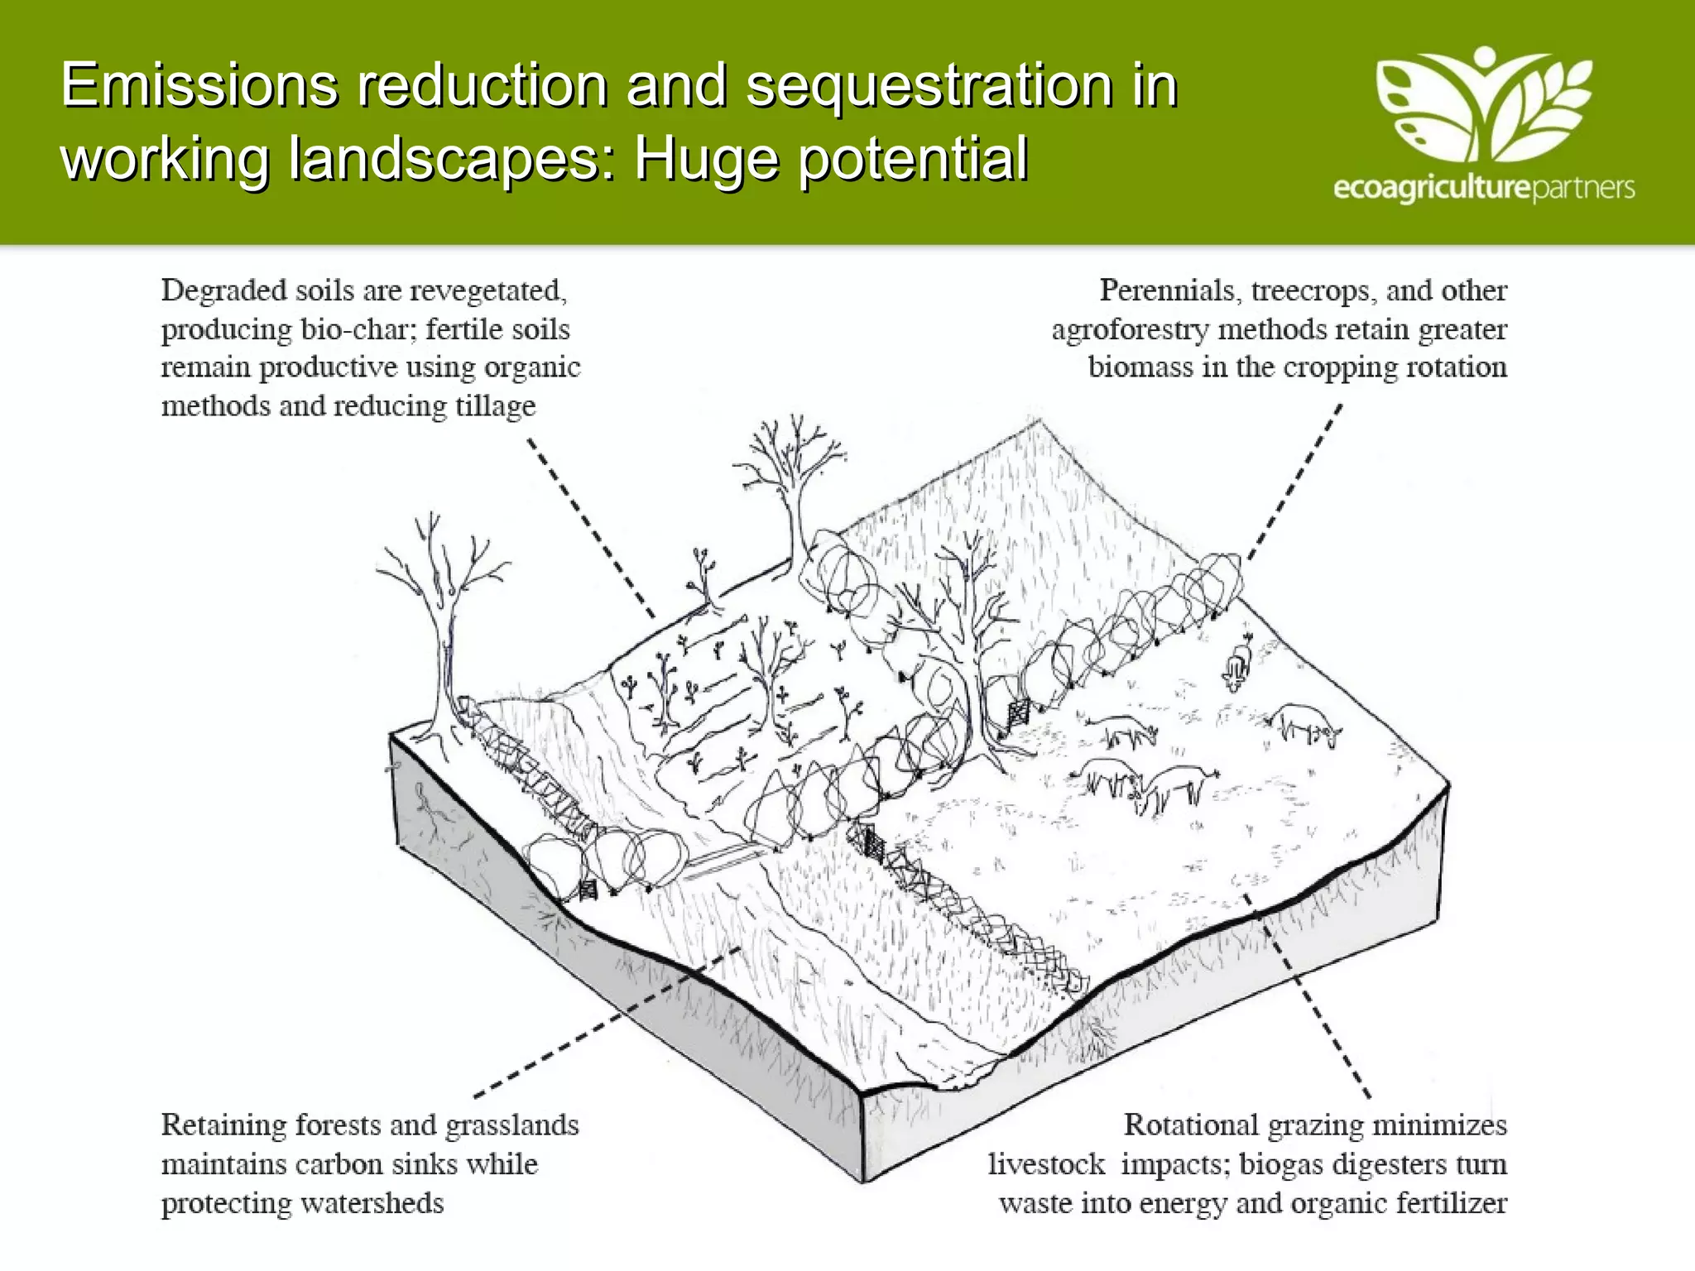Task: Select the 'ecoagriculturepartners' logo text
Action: [1483, 188]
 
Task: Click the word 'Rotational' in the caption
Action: [1190, 1125]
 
